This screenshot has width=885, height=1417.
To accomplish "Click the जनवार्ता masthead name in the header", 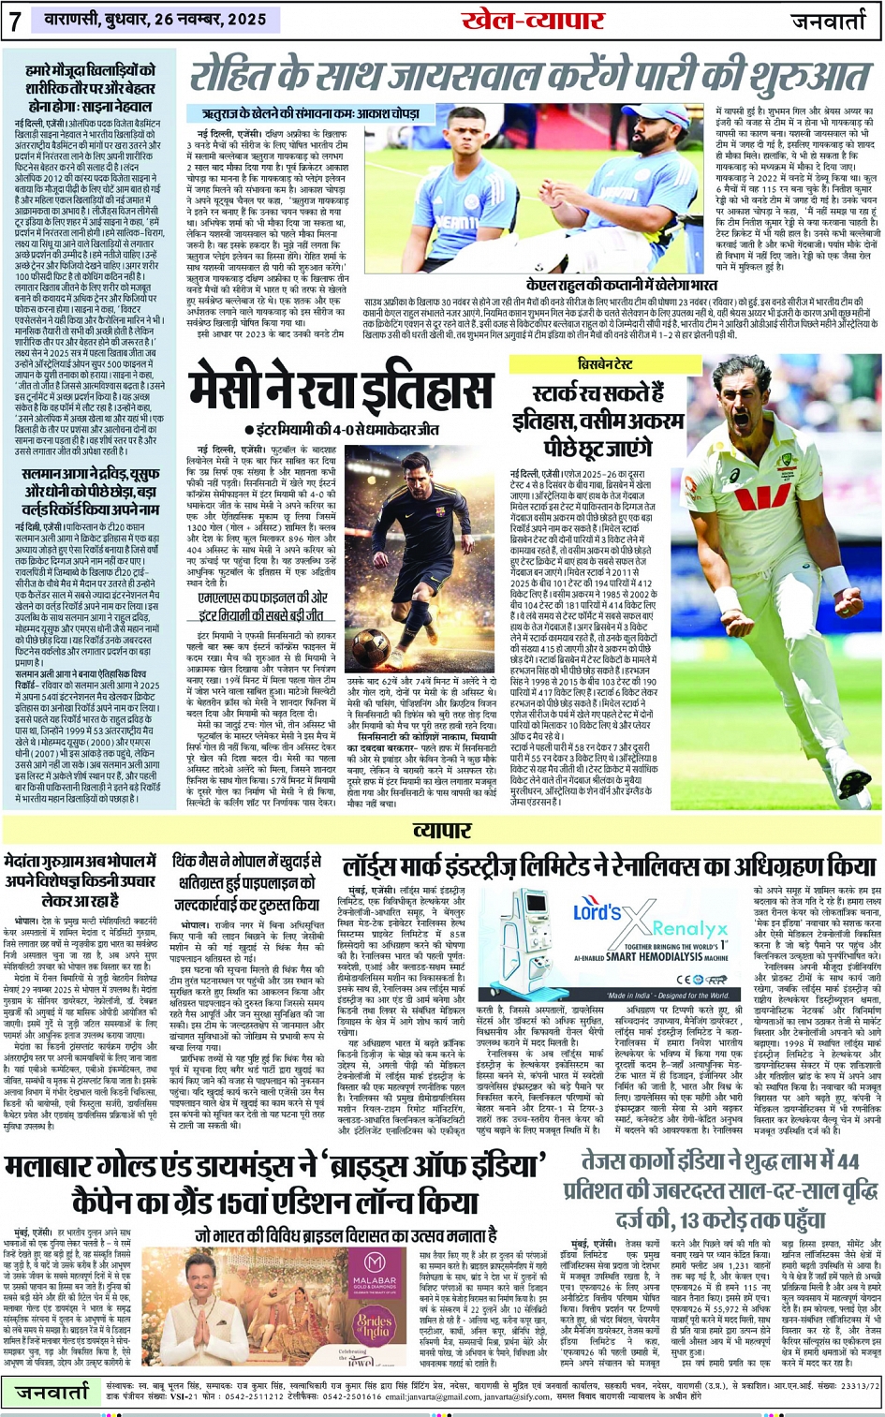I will pos(828,21).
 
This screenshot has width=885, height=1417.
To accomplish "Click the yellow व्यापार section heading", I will pos(442,830).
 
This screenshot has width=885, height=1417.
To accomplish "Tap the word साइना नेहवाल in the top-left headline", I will pos(119,106).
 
